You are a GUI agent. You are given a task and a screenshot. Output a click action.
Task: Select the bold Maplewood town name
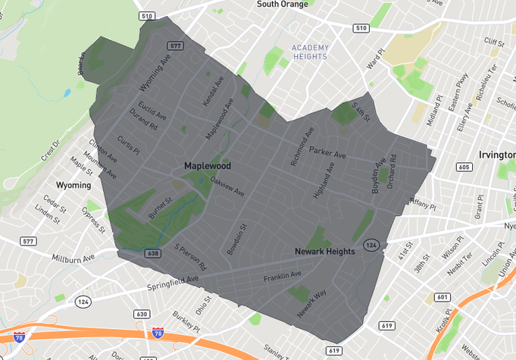tap(207, 165)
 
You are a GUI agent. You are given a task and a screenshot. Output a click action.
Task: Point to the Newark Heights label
tap(324, 252)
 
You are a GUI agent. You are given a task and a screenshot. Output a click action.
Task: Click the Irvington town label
tap(497, 155)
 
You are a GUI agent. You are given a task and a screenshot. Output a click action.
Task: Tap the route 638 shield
tap(153, 253)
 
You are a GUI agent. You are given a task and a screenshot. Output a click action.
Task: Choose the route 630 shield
tap(142, 314)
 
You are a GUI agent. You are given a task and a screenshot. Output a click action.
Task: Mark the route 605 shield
tap(464, 167)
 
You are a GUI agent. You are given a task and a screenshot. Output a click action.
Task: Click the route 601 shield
tap(443, 297)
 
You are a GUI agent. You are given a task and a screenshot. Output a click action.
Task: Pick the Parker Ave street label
tap(327, 154)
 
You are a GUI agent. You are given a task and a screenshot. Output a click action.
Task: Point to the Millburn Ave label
tap(73, 258)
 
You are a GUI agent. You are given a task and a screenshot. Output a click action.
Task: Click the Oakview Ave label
tap(227, 186)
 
